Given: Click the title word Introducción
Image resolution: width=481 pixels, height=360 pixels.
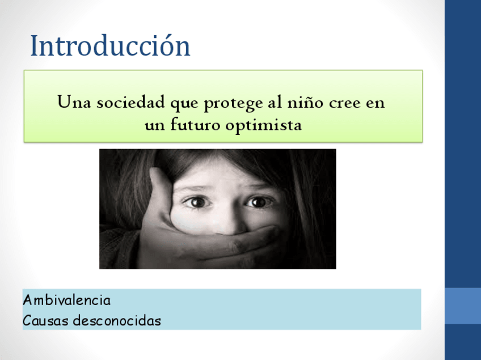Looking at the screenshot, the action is [110, 45].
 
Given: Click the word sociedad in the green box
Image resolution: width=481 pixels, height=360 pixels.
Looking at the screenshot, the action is [130, 102].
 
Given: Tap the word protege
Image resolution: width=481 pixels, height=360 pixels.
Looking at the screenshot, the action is [234, 104].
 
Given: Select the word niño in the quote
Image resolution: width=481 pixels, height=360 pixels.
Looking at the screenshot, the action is [305, 102].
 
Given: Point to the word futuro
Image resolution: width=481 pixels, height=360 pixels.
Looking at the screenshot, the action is [195, 124].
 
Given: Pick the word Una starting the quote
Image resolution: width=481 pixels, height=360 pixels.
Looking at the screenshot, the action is [74, 102].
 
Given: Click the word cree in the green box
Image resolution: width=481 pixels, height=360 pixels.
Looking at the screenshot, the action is [344, 104].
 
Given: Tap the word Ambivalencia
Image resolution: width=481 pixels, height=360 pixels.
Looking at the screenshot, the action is [66, 300].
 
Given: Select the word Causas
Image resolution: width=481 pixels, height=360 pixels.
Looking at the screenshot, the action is [45, 321].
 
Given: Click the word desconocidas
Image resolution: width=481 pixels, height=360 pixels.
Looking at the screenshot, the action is [117, 320].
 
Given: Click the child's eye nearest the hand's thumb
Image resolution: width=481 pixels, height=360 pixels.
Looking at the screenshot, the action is [197, 202].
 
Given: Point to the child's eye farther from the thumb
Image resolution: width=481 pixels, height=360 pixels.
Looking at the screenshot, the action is [258, 202].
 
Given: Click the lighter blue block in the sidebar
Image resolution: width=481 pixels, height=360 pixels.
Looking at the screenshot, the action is [463, 306].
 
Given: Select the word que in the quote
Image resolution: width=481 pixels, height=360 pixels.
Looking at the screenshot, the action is [184, 104].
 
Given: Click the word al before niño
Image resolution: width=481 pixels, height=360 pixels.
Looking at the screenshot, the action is [275, 102].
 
